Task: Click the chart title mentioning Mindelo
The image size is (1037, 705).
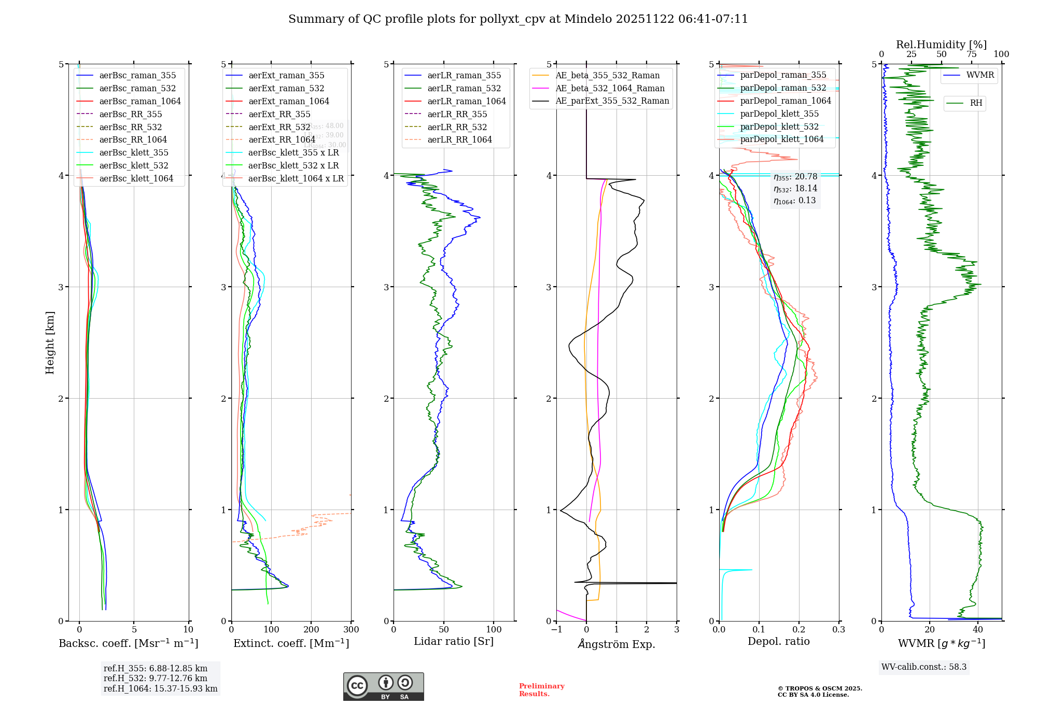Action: pos(518,19)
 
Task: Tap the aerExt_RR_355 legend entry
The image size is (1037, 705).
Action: pos(279,114)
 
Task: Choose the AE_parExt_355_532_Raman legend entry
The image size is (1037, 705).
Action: pos(612,101)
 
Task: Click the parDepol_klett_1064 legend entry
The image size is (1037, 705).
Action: pos(781,139)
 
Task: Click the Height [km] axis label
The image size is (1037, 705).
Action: pos(50,342)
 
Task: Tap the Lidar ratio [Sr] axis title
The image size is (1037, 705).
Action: pos(454,641)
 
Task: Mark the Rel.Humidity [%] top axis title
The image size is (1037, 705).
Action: pos(941,45)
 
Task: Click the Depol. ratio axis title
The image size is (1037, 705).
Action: pos(778,641)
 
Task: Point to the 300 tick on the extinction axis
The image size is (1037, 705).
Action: pos(351,629)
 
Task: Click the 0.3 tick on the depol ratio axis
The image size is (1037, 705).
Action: pos(838,629)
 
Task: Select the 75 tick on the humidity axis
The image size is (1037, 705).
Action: pos(972,54)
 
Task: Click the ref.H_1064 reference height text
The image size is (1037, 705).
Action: pos(160,688)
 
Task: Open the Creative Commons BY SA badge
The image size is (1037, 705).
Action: pos(383,687)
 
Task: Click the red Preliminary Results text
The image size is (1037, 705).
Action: pos(541,689)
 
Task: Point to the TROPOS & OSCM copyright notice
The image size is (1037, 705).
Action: pos(819,692)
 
